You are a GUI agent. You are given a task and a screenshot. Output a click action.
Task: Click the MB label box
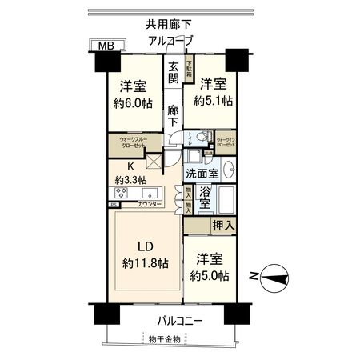pos(102,47)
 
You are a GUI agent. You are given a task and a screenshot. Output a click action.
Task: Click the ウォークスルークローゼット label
pos(131,145)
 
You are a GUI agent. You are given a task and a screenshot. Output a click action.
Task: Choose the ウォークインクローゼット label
pos(226,143)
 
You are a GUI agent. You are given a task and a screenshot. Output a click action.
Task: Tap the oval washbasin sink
pos(228,170)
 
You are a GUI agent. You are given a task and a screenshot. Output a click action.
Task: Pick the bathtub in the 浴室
pos(224,200)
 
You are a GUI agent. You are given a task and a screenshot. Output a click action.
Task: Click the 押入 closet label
pos(223,227)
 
